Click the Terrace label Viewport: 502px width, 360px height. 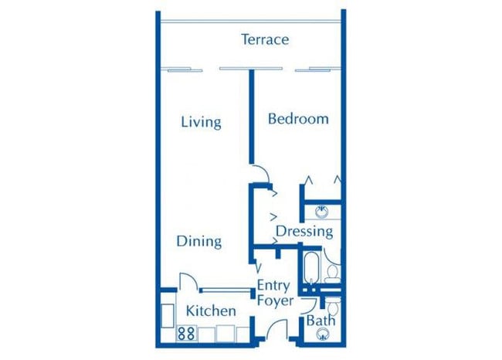point(264,39)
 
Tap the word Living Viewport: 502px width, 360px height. point(201,122)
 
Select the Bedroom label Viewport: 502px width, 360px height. point(298,118)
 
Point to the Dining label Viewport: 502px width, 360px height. point(199,241)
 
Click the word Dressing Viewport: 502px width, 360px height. point(304,230)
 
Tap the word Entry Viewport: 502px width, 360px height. point(274,284)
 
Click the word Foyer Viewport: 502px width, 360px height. point(275,301)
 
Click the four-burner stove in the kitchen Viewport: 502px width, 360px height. point(185,334)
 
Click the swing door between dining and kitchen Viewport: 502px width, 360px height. point(188,281)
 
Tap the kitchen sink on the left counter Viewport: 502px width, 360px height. point(168,314)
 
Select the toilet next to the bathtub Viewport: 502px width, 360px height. point(333,272)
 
